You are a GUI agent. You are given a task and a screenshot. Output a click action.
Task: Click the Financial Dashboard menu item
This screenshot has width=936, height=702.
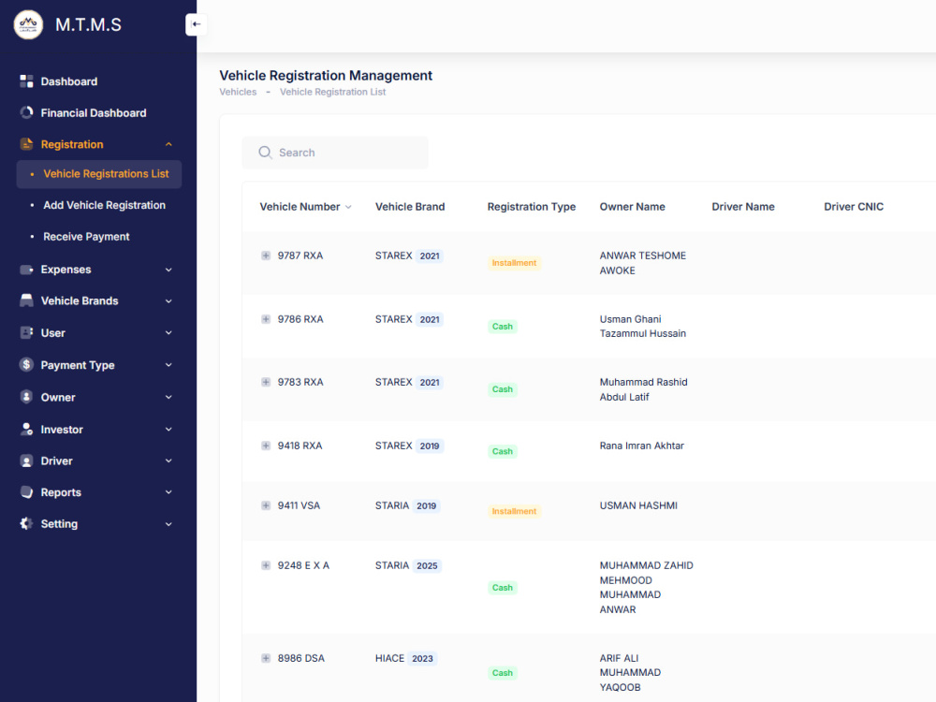pyautogui.click(x=93, y=113)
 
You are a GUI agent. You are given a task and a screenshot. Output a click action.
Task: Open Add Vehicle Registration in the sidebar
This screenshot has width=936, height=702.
pyautogui.click(x=105, y=205)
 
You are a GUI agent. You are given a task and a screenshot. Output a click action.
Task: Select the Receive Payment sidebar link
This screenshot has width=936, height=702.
pyautogui.click(x=86, y=237)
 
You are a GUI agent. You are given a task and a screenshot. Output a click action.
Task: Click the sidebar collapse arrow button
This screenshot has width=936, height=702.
pyautogui.click(x=196, y=24)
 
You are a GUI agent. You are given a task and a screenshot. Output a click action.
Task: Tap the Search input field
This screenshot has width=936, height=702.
pyautogui.click(x=335, y=153)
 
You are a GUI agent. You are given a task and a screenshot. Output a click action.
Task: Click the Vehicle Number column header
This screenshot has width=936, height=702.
pyautogui.click(x=300, y=207)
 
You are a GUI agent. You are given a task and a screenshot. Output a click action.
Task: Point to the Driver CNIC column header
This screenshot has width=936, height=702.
pyautogui.click(x=854, y=207)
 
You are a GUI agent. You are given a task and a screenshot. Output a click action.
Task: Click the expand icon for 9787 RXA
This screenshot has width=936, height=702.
pyautogui.click(x=266, y=256)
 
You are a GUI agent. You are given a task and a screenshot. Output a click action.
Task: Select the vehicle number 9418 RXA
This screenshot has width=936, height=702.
pyautogui.click(x=300, y=446)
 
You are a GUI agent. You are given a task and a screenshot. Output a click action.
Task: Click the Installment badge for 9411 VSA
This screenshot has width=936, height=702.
pyautogui.click(x=514, y=511)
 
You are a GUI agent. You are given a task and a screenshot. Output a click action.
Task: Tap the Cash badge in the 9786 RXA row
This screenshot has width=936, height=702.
pyautogui.click(x=502, y=327)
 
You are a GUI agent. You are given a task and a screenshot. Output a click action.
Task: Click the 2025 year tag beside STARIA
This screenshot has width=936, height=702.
pyautogui.click(x=427, y=565)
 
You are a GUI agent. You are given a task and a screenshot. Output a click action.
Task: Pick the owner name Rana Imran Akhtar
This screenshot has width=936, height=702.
pyautogui.click(x=642, y=446)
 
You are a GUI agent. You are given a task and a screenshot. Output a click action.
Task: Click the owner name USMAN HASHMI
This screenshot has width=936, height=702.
pyautogui.click(x=638, y=505)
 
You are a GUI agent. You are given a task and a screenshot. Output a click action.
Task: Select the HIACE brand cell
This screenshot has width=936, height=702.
pyautogui.click(x=389, y=658)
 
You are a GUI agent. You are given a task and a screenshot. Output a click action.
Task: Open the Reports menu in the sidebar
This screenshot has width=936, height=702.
pyautogui.click(x=61, y=492)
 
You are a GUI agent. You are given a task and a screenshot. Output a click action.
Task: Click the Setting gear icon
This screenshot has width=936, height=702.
pyautogui.click(x=26, y=523)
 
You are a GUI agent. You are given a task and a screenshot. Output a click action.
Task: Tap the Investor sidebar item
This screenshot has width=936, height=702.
pyautogui.click(x=62, y=430)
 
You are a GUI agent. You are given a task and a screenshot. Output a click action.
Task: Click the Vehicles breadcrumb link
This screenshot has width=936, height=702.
pyautogui.click(x=238, y=92)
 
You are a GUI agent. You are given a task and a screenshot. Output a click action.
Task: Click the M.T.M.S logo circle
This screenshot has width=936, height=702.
pyautogui.click(x=28, y=24)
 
